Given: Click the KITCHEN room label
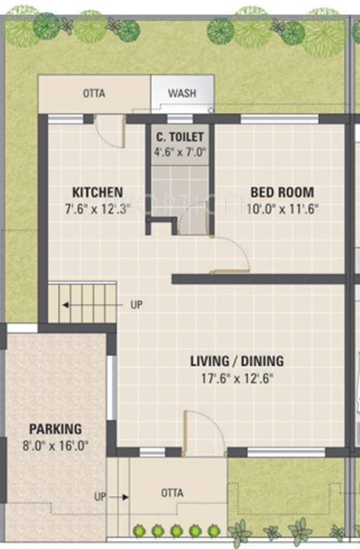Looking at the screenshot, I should [x=97, y=192].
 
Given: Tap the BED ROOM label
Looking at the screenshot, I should [x=281, y=192].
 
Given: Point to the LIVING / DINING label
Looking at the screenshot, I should [x=236, y=361].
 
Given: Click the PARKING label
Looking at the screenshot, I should [x=55, y=430].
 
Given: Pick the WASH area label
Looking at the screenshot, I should [x=182, y=94].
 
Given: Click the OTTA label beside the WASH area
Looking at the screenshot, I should [x=91, y=94].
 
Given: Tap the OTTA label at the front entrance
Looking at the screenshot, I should [x=171, y=493].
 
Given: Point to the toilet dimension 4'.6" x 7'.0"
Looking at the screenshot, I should [x=180, y=152].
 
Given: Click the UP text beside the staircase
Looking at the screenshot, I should [x=136, y=305].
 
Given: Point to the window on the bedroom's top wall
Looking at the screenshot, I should [x=279, y=119].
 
